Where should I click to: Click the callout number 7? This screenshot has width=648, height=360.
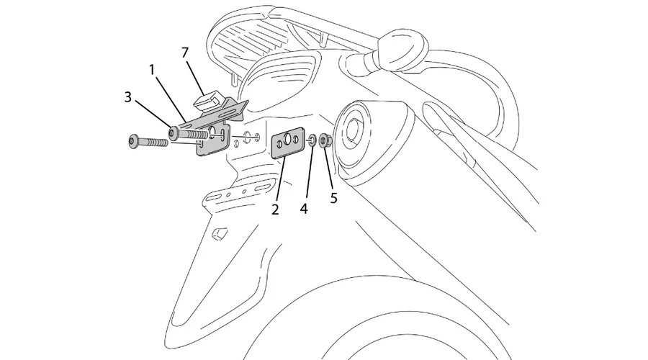pos(185,53)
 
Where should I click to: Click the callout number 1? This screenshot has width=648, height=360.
pos(152,70)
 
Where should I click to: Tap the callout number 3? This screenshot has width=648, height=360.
pos(127,97)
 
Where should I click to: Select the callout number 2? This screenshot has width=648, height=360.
pos(275,209)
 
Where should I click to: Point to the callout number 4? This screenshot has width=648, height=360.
pos(304,209)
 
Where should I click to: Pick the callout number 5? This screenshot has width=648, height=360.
pos(333,198)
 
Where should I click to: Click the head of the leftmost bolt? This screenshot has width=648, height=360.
pos(133,141)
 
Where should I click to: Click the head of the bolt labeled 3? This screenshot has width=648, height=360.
pos(173,132)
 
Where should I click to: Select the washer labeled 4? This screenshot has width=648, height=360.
pos(312,140)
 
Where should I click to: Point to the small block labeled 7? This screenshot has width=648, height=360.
pos(208,102)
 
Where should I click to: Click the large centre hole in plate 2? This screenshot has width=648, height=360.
pos(287,140)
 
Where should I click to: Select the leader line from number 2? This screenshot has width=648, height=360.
pos(281,179)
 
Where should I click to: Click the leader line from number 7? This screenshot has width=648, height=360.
pos(195,78)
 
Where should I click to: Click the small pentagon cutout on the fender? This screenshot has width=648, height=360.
pos(220,234)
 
